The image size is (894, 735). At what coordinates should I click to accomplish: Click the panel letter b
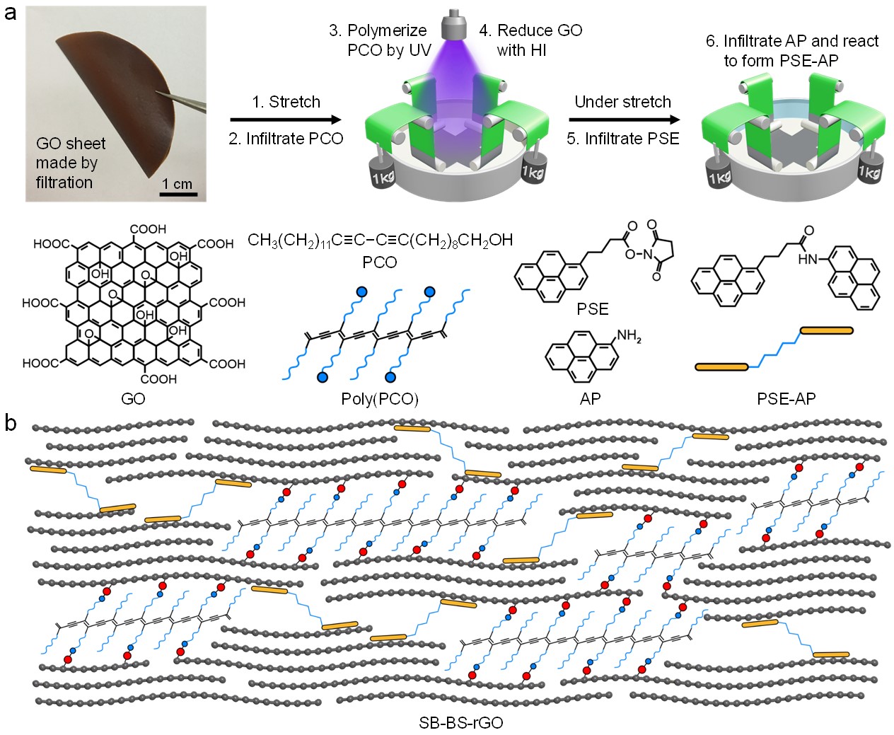pos(11,422)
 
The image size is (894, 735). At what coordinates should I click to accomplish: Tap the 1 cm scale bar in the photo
pos(178,193)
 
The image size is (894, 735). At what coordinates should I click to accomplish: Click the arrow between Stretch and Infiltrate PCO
pos(286,120)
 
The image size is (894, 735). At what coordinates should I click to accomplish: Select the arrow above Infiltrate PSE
pos(623,120)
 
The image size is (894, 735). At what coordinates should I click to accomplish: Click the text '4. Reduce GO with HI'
pos(530,40)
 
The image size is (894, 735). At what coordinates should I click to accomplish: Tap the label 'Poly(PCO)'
pos(380,399)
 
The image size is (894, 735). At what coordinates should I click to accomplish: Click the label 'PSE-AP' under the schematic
pos(786,399)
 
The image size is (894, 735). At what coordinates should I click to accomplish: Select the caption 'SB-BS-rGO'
pos(460,723)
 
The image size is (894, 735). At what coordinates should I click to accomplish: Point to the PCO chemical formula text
pos(380,241)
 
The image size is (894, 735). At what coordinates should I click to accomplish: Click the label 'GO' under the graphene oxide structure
pos(133,399)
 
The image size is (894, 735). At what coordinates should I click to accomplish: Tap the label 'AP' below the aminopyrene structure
pos(590,399)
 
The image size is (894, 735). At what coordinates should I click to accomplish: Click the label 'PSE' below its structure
pos(592,309)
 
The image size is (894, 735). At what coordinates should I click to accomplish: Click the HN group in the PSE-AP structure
pos(808,259)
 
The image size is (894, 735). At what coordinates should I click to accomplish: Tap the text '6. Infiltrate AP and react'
pos(791,41)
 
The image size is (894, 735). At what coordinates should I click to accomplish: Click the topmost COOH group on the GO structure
pos(148,229)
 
